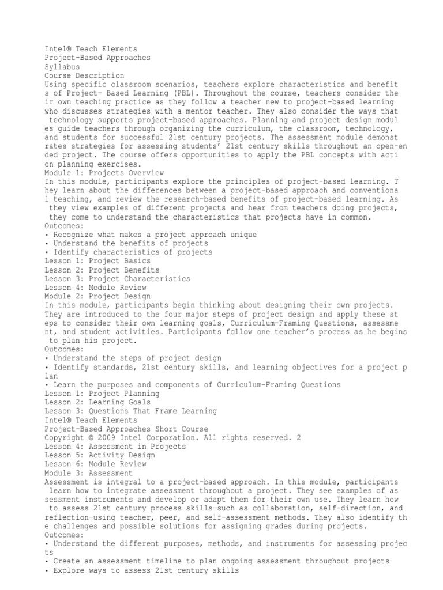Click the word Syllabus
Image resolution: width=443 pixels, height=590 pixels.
[62, 66]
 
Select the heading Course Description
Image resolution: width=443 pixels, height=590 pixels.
[84, 75]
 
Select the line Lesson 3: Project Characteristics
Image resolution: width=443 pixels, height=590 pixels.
[117, 278]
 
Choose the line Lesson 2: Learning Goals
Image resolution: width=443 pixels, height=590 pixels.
[97, 402]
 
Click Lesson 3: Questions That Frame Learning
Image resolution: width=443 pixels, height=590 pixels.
[131, 411]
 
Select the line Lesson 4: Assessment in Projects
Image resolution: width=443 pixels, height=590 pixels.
[115, 446]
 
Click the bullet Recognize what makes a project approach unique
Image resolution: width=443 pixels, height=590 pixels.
[151, 235]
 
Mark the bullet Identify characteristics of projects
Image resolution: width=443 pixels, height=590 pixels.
[129, 252]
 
